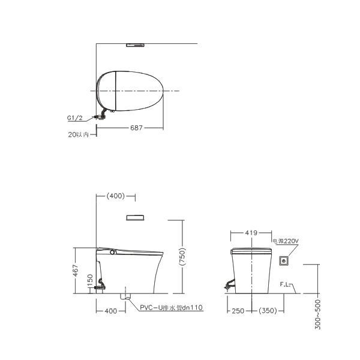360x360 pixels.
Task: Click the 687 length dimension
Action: click(136, 128)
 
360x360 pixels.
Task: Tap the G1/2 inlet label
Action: click(74, 118)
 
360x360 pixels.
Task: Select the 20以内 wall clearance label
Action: click(78, 134)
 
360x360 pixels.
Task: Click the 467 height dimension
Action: click(76, 271)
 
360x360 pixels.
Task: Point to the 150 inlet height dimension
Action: click(90, 280)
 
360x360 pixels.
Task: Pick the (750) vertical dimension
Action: click(182, 257)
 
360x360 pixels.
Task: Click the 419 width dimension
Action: click(251, 233)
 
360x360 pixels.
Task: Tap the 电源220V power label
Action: click(286, 241)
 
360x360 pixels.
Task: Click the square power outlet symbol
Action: click(284, 261)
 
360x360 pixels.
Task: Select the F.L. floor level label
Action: click(285, 284)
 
